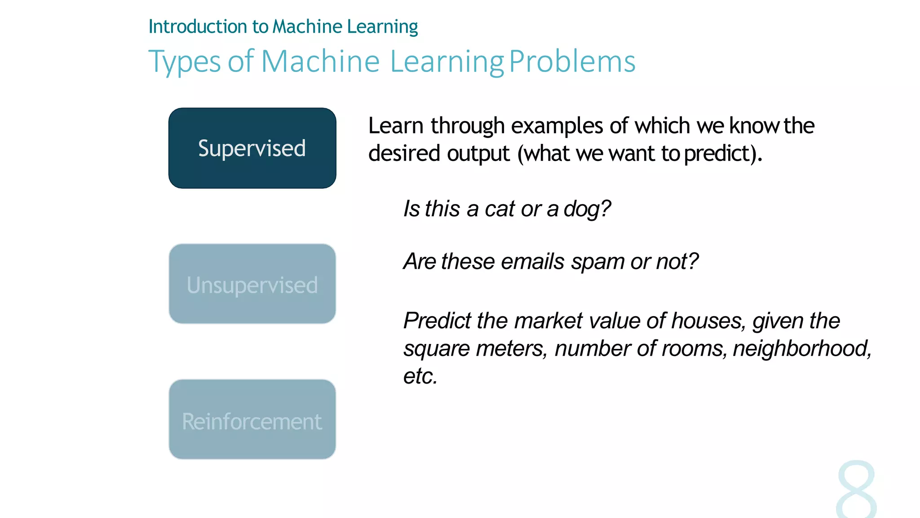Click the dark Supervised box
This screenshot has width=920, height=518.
click(x=252, y=148)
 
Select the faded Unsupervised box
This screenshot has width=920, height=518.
click(x=252, y=284)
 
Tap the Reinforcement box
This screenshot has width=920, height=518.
click(x=252, y=419)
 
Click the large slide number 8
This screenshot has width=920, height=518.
click(x=856, y=490)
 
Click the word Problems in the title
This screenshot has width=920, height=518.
click(x=572, y=61)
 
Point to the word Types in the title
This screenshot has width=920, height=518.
click(x=185, y=62)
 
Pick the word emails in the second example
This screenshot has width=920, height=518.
click(x=532, y=262)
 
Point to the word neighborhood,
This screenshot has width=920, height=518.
click(x=802, y=348)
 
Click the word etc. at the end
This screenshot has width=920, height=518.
click(x=420, y=376)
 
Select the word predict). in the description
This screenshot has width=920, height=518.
click(x=723, y=154)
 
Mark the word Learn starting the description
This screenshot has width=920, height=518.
click(x=396, y=126)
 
